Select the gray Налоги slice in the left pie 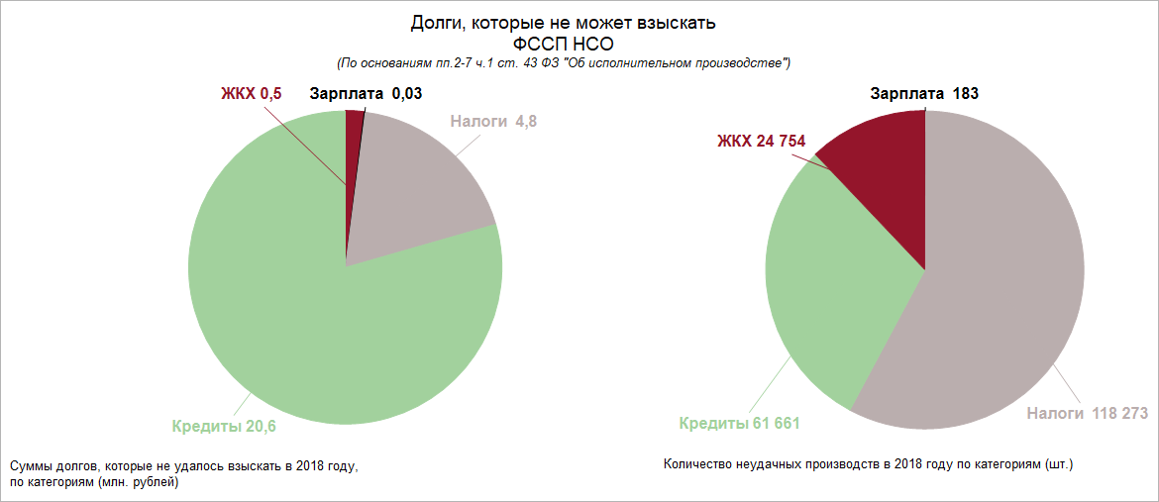coord(416,188)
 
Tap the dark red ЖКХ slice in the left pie coord(354,149)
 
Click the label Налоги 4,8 coord(493,123)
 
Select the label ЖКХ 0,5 coord(251,95)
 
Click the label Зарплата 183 coord(924,95)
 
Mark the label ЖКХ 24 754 coord(761,141)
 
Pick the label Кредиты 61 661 coord(739,424)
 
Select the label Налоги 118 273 coord(1087,413)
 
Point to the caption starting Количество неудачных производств coord(869,463)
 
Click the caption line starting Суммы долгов coord(182,465)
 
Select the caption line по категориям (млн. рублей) coord(94,482)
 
